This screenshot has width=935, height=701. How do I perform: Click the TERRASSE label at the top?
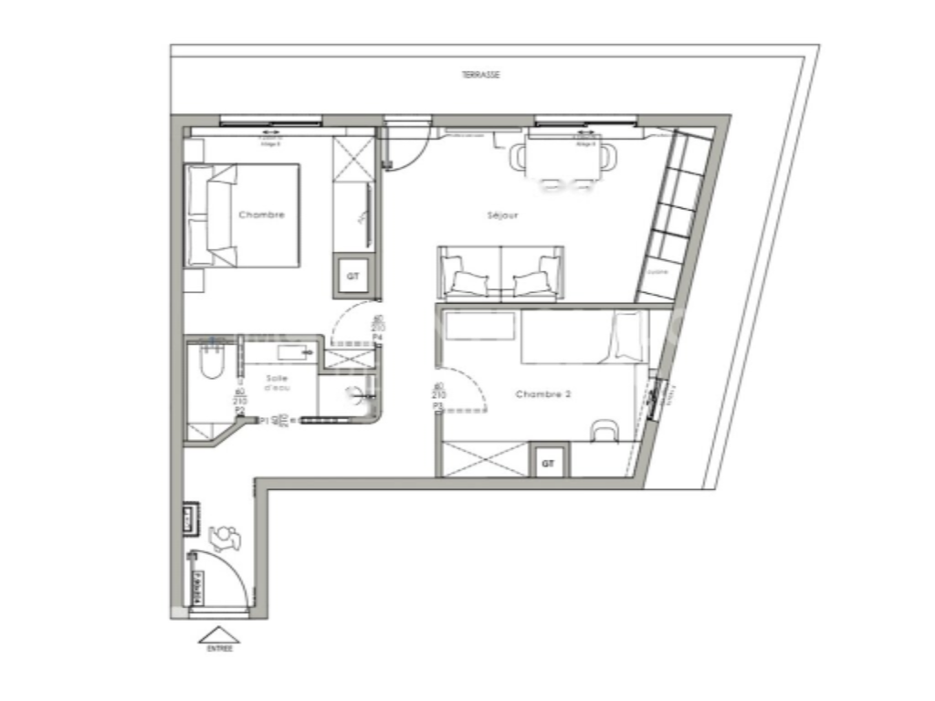click(481, 76)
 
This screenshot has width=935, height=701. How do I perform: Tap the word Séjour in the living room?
click(502, 216)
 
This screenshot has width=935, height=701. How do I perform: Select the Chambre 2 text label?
click(542, 394)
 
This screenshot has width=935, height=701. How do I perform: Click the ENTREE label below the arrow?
click(219, 649)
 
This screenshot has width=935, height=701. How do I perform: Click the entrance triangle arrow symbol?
click(219, 633)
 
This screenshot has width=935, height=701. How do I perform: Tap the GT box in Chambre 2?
click(548, 464)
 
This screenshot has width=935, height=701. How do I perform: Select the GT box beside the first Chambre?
click(352, 275)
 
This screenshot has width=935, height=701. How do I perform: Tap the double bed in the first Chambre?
click(243, 215)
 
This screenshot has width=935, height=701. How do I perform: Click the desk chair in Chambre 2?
click(604, 430)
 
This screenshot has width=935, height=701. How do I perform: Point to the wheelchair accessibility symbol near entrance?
click(225, 539)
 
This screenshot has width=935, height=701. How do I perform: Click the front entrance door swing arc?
click(225, 575)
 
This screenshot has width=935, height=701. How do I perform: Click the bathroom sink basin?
click(295, 351)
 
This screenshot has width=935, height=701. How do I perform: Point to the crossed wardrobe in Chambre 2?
click(484, 458)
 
